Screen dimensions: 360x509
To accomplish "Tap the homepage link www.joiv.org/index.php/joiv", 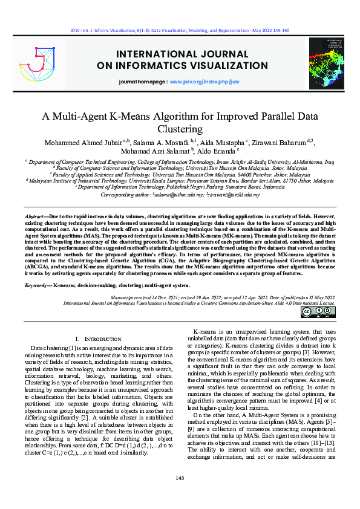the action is pyautogui.click(x=205, y=81).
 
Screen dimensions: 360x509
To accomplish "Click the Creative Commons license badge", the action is pyautogui.click(x=318, y=312).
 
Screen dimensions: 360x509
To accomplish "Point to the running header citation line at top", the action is pyautogui.click(x=180, y=29).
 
